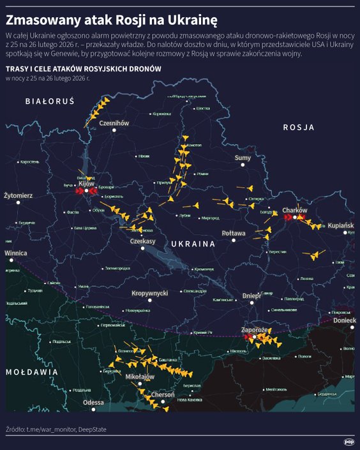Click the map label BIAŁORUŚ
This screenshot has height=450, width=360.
click(50, 101)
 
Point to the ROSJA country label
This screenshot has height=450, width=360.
click(299, 128)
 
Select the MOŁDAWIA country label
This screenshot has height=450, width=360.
click(32, 371)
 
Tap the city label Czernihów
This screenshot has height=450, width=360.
click(115, 123)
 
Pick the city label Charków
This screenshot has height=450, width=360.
click(295, 210)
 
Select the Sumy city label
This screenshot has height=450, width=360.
click(243, 158)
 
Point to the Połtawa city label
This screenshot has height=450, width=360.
click(234, 234)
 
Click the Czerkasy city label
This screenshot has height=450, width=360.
click(143, 241)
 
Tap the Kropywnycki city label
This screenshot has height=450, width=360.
click(149, 293)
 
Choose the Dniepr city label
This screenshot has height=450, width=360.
click(252, 296)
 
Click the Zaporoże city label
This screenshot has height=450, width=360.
click(254, 329)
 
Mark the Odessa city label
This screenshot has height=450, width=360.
click(93, 403)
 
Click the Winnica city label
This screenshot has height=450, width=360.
click(15, 253)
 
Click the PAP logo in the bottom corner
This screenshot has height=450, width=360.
click(349, 440)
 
